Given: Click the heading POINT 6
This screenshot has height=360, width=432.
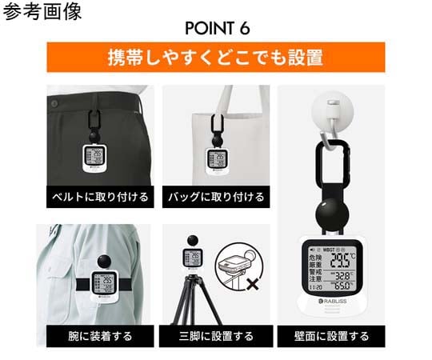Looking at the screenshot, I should click(217, 27).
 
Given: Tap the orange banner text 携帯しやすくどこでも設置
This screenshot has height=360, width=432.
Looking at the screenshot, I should click(216, 58).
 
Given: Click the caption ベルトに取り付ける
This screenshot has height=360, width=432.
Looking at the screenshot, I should click(95, 195).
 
